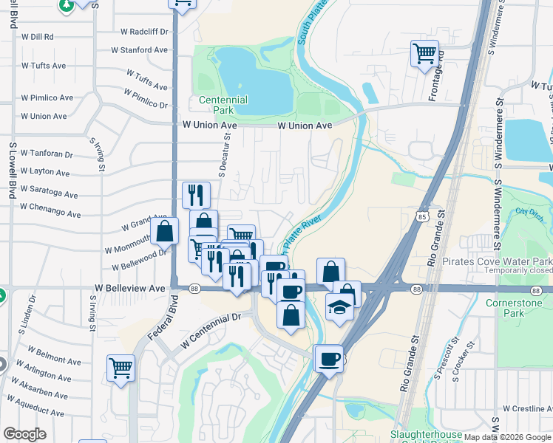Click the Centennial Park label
[223, 105]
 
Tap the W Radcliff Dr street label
[145, 32]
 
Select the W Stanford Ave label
[140, 50]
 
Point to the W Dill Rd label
[38, 36]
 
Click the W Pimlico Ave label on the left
[47, 97]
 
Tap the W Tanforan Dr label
[47, 154]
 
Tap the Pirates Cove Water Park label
[497, 262]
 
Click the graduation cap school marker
[339, 306]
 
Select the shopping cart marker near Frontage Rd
[424, 53]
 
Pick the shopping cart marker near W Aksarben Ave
[121, 367]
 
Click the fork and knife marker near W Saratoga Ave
[196, 195]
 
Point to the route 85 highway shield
[422, 216]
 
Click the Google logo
[24, 434]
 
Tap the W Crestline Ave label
[526, 408]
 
